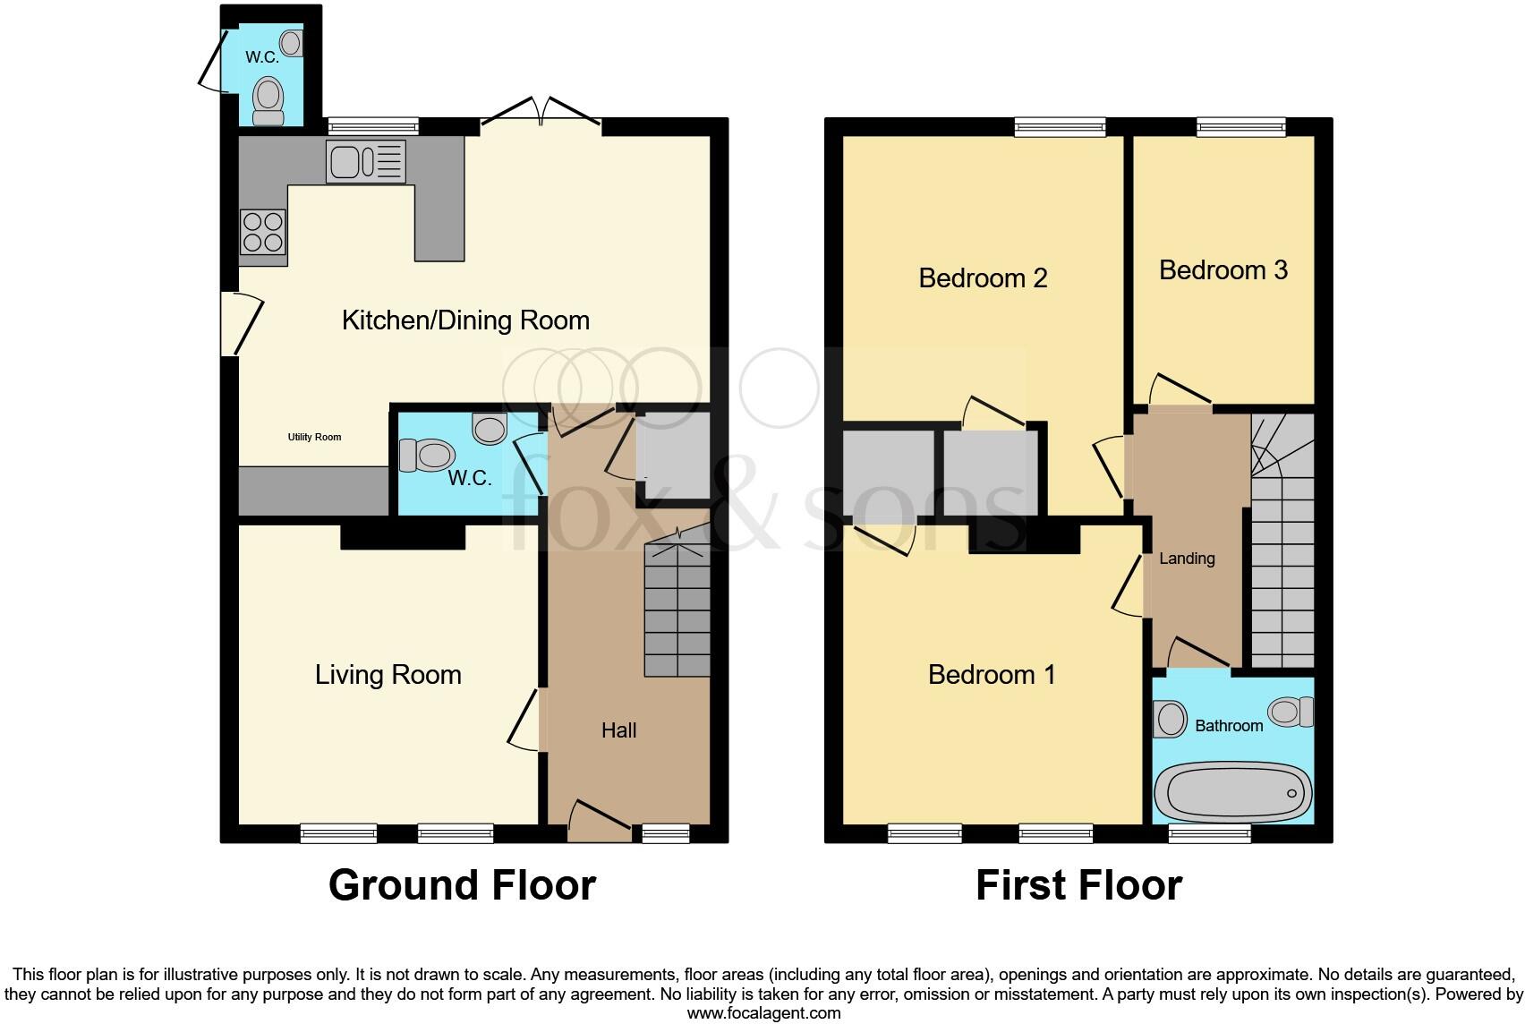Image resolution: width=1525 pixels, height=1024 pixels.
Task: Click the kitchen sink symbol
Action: pyautogui.click(x=365, y=162)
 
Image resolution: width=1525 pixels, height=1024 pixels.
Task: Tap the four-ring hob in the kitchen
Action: pyautogui.click(x=263, y=232)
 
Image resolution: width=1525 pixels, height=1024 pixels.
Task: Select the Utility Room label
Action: pyautogui.click(x=314, y=437)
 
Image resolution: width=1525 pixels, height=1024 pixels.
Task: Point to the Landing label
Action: pyautogui.click(x=1187, y=559)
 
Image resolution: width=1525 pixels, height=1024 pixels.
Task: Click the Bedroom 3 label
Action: pyautogui.click(x=1223, y=270)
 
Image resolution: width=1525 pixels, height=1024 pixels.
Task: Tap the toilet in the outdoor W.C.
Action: pyautogui.click(x=268, y=99)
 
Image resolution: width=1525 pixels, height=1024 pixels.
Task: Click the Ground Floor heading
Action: pyautogui.click(x=462, y=885)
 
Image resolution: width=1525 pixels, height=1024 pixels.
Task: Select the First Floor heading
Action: pyautogui.click(x=1078, y=885)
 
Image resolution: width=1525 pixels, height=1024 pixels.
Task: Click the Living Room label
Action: pyautogui.click(x=388, y=675)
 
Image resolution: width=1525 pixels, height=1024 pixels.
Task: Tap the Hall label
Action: pyautogui.click(x=618, y=730)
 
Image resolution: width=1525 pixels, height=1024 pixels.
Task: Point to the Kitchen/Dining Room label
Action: pyautogui.click(x=465, y=320)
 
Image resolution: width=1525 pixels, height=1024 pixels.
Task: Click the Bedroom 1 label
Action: pyautogui.click(x=992, y=675)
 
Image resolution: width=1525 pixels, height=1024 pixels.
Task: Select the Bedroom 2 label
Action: pyautogui.click(x=983, y=278)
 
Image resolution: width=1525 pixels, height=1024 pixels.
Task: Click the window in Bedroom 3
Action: pyautogui.click(x=1241, y=128)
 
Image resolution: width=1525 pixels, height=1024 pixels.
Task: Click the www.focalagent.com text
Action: pyautogui.click(x=763, y=1013)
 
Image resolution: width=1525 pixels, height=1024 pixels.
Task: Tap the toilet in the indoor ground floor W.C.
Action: pyautogui.click(x=424, y=455)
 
